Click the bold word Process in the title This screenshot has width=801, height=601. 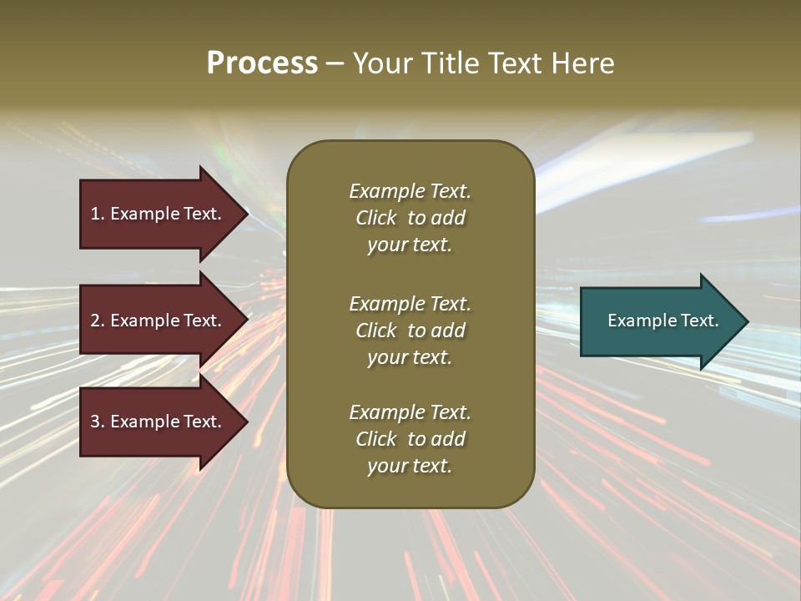click(x=262, y=63)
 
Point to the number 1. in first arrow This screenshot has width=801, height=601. click(x=97, y=214)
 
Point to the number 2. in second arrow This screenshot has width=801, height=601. click(x=97, y=321)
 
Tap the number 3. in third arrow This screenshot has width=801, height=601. click(x=97, y=422)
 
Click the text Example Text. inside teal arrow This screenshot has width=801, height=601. click(x=662, y=321)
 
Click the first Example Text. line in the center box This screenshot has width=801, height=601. click(x=410, y=191)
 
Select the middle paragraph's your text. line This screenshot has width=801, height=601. click(x=410, y=357)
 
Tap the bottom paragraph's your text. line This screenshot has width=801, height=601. click(x=410, y=466)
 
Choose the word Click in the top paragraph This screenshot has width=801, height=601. click(x=376, y=218)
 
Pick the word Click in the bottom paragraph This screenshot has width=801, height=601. click(x=376, y=439)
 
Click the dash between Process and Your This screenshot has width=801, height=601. click(x=335, y=63)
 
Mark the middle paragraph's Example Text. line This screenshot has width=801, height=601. click(x=410, y=304)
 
